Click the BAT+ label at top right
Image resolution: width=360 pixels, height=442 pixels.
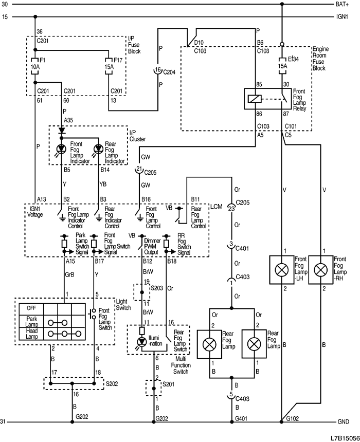(x=343, y=5)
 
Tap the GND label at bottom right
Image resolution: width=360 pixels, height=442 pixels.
(x=344, y=422)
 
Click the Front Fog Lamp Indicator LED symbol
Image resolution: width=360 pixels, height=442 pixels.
(x=62, y=150)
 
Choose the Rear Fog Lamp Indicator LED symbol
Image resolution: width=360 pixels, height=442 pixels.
(x=98, y=150)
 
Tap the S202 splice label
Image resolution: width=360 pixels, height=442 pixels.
(x=112, y=383)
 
